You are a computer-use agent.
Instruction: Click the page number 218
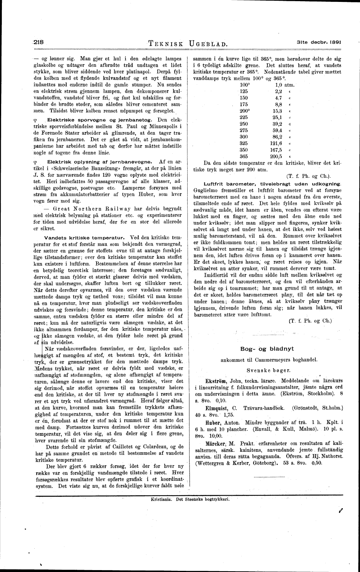[x=39, y=43]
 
